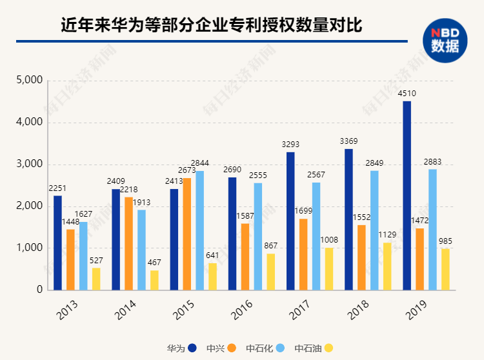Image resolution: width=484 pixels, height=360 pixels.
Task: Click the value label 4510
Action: click(x=407, y=94)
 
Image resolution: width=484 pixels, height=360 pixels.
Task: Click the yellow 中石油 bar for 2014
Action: click(x=154, y=280)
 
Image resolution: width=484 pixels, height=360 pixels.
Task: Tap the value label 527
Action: click(x=96, y=261)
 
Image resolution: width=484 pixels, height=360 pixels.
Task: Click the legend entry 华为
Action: click(x=176, y=348)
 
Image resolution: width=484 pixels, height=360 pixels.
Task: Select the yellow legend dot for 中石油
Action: click(x=328, y=348)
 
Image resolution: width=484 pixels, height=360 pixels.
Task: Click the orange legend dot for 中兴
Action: click(x=231, y=348)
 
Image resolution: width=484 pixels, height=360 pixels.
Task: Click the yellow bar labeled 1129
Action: click(x=387, y=266)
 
